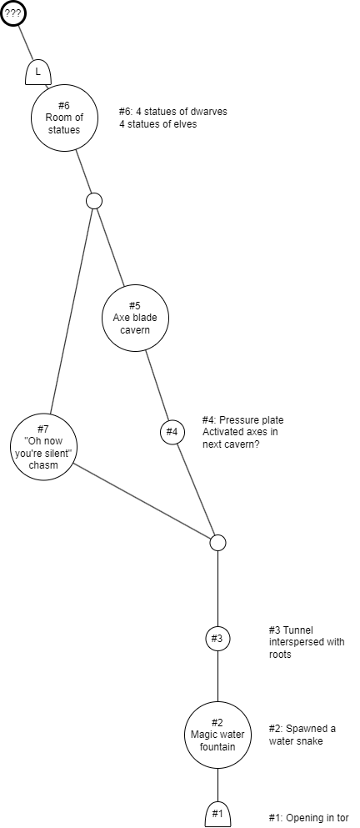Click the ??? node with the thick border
tap(12, 13)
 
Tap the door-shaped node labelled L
tap(38, 72)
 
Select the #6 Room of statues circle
tap(64, 118)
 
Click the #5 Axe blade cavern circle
tap(135, 318)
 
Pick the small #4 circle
tap(172, 432)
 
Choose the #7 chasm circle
tap(44, 447)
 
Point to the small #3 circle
tap(217, 638)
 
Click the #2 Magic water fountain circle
tap(217, 735)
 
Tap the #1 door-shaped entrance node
tap(217, 815)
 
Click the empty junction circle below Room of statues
tap(94, 201)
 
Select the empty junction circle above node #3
tap(217, 542)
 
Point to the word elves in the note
tap(185, 124)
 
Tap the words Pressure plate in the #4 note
tap(252, 420)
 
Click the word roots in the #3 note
tap(280, 655)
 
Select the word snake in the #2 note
tap(312, 741)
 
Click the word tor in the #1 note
tap(342, 818)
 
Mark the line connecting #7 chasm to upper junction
tap(72, 310)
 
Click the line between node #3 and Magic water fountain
tap(217, 676)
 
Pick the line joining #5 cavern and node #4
tap(157, 385)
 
